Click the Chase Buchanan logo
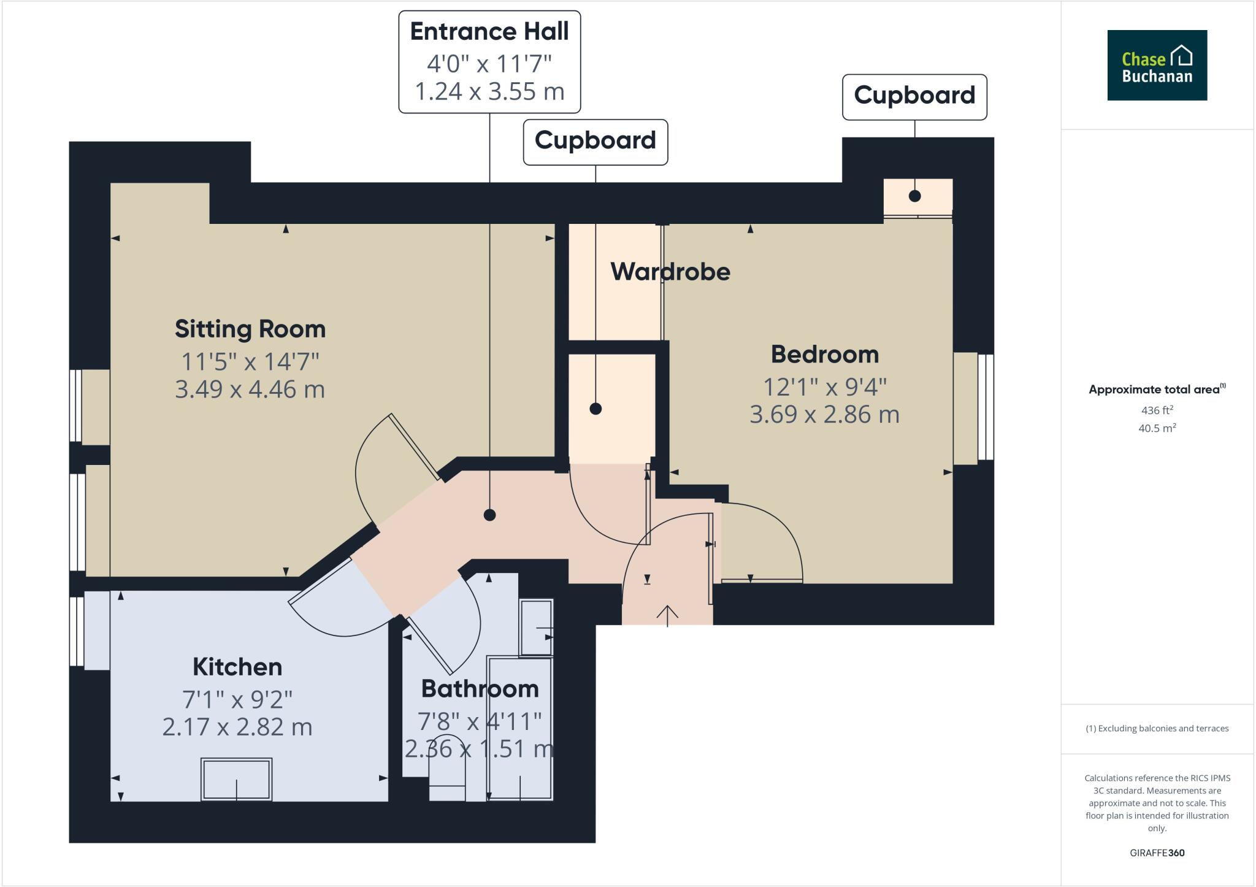coord(1157,65)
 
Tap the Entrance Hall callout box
coord(489,62)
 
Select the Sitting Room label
coord(250,329)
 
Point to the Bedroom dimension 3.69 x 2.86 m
coord(824,415)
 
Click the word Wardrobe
coord(670,272)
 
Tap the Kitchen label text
coord(237,667)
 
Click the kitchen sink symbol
coord(236,779)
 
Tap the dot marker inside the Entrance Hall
coord(489,515)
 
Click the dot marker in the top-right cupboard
coord(914,196)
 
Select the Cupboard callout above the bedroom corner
coord(914,96)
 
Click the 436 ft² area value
coord(1157,410)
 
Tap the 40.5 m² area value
coord(1157,428)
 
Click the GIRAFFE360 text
coord(1157,853)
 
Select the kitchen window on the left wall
coord(77,631)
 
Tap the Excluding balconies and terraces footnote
coord(1157,729)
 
